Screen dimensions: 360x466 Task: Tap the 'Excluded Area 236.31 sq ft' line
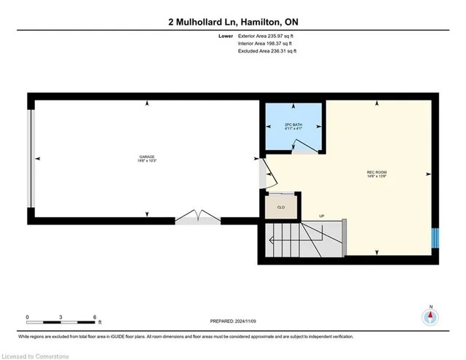(x=269, y=52)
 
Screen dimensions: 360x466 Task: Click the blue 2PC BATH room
(x=293, y=127)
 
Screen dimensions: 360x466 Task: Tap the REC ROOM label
(x=376, y=173)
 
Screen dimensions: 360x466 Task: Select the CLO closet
(x=280, y=206)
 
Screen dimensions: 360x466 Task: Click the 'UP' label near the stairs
(x=321, y=216)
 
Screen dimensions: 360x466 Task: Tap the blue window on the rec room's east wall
(x=435, y=238)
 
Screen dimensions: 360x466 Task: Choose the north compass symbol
(x=431, y=316)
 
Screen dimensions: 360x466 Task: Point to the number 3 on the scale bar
(x=61, y=316)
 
